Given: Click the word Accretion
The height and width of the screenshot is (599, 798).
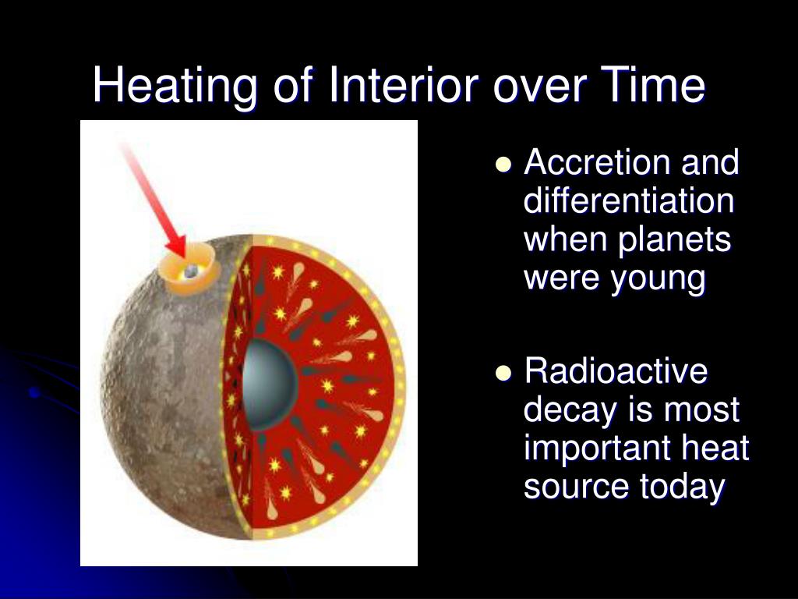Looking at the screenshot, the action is (596, 162).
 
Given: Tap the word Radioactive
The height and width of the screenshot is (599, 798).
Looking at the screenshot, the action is (616, 370).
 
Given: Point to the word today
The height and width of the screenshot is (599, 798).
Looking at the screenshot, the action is (682, 487).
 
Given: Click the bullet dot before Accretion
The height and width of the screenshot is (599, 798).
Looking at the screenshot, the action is (503, 165).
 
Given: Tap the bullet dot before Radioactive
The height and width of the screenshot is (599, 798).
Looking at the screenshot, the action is (503, 373).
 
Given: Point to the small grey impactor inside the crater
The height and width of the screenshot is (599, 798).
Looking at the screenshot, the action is (190, 271).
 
